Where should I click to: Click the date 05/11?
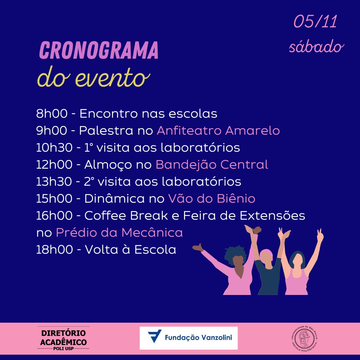315,21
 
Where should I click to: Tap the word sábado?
316,47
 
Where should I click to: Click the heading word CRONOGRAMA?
99,50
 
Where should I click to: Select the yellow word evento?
113,78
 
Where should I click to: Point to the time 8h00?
52,113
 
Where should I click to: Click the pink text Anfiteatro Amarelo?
218,130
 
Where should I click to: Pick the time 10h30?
54,147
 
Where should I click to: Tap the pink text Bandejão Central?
212,164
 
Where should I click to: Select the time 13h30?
54,181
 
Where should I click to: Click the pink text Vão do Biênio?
212,198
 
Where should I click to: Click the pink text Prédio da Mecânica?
119,232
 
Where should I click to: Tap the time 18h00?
55,249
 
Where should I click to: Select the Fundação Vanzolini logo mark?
155,336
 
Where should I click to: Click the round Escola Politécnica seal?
304,338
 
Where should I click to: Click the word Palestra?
106,130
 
